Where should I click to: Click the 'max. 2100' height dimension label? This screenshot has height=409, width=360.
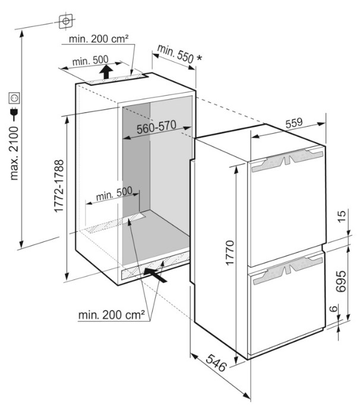pyautogui.click(x=14, y=153)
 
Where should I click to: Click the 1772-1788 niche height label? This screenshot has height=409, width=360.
pyautogui.click(x=59, y=186)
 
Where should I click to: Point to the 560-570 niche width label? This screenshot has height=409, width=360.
pyautogui.click(x=157, y=127)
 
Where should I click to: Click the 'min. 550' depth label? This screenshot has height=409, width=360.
pyautogui.click(x=175, y=54)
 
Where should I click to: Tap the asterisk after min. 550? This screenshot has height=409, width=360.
pyautogui.click(x=199, y=58)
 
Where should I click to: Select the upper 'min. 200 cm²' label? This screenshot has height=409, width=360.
pyautogui.click(x=99, y=39)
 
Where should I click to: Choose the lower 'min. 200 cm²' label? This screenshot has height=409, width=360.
pyautogui.click(x=112, y=315)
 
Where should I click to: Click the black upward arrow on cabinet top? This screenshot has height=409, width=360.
pyautogui.click(x=106, y=72)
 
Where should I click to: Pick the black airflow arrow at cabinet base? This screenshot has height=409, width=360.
pyautogui.click(x=155, y=275)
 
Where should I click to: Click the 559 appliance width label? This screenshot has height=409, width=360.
pyautogui.click(x=294, y=123)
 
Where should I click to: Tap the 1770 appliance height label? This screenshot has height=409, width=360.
pyautogui.click(x=230, y=253)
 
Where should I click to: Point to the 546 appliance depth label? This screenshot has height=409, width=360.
pyautogui.click(x=216, y=363)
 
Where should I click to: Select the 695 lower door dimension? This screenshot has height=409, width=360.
pyautogui.click(x=341, y=281)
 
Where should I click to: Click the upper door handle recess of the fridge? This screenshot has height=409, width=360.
pyautogui.click(x=288, y=160)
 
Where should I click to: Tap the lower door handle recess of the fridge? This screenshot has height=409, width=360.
pyautogui.click(x=288, y=269)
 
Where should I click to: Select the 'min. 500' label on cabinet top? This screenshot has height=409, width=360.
pyautogui.click(x=90, y=61)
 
